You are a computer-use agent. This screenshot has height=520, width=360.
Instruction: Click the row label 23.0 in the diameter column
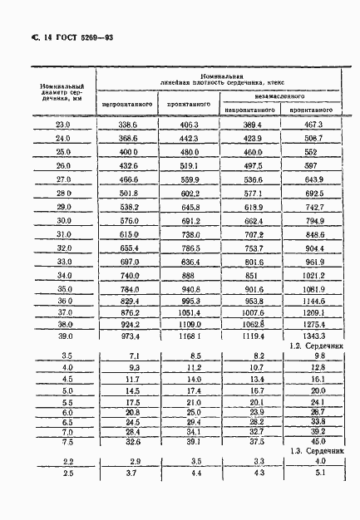coord(63,125)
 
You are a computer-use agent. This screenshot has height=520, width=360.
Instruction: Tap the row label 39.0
coord(63,337)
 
